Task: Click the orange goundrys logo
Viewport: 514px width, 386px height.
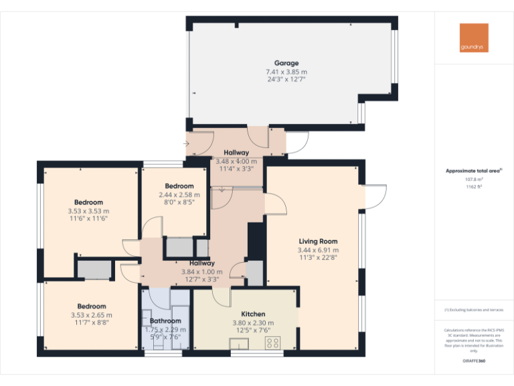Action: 474,38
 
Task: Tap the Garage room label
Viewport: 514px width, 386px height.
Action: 286,64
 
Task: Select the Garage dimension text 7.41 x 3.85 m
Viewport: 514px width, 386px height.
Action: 286,72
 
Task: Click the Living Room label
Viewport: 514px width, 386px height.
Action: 318,241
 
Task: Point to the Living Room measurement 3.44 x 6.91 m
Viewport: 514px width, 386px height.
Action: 318,250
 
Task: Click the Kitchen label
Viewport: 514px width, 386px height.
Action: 253,314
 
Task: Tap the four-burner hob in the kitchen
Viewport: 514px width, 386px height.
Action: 273,343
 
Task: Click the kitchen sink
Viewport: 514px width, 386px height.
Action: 240,344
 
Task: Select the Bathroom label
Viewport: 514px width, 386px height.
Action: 165,321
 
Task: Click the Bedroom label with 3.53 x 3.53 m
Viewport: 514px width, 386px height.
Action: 88,202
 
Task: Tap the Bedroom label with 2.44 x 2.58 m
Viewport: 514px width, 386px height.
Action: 179,186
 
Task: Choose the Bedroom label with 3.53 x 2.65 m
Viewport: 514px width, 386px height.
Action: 91,306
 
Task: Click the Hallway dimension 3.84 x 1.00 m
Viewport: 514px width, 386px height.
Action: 201,271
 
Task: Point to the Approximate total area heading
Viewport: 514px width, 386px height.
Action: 473,171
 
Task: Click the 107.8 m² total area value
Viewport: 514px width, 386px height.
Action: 474,180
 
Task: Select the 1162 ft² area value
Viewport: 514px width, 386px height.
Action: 474,187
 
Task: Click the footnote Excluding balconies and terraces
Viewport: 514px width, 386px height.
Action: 474,310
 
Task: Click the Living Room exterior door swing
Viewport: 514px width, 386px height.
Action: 375,196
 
